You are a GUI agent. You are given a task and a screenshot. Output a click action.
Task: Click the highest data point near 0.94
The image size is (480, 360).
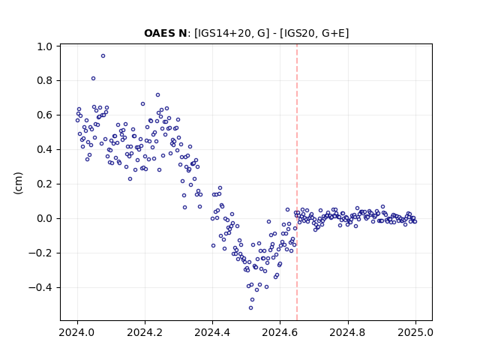click(103, 56)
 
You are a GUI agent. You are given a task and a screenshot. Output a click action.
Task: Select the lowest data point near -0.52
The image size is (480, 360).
click(251, 308)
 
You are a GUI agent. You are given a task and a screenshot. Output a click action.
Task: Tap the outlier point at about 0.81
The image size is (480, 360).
click(93, 78)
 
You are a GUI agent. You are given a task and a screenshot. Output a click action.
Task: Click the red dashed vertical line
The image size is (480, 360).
click(297, 182)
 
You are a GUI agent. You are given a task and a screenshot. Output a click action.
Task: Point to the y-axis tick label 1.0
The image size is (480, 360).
click(45, 46)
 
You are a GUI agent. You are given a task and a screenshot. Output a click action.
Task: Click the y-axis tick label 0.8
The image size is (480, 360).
click(45, 81)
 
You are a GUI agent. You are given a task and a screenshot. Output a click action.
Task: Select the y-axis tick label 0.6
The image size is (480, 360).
click(45, 115)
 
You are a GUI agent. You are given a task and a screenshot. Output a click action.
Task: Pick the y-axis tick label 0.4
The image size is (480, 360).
click(45, 150)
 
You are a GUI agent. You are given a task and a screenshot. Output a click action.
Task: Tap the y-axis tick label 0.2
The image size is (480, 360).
click(45, 184)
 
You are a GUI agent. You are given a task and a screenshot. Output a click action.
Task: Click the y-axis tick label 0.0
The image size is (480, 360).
click(45, 219)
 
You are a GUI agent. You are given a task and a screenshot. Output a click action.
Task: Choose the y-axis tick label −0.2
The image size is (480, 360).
click(40, 253)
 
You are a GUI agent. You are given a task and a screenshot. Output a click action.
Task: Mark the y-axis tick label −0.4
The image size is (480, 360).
click(40, 288)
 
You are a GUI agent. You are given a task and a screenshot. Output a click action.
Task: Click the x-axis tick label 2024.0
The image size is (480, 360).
click(76, 332)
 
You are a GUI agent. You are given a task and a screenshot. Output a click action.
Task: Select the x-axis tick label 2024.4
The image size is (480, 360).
click(212, 332)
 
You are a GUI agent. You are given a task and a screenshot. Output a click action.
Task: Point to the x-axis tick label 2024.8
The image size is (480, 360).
click(347, 332)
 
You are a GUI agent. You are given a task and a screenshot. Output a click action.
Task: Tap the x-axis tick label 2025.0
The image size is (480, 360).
click(415, 332)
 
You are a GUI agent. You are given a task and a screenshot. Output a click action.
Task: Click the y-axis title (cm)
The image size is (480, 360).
click(18, 183)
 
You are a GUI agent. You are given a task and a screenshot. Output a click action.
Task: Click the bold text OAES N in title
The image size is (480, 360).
click(166, 33)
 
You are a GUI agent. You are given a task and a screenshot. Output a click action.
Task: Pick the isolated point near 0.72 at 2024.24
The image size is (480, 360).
click(158, 95)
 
